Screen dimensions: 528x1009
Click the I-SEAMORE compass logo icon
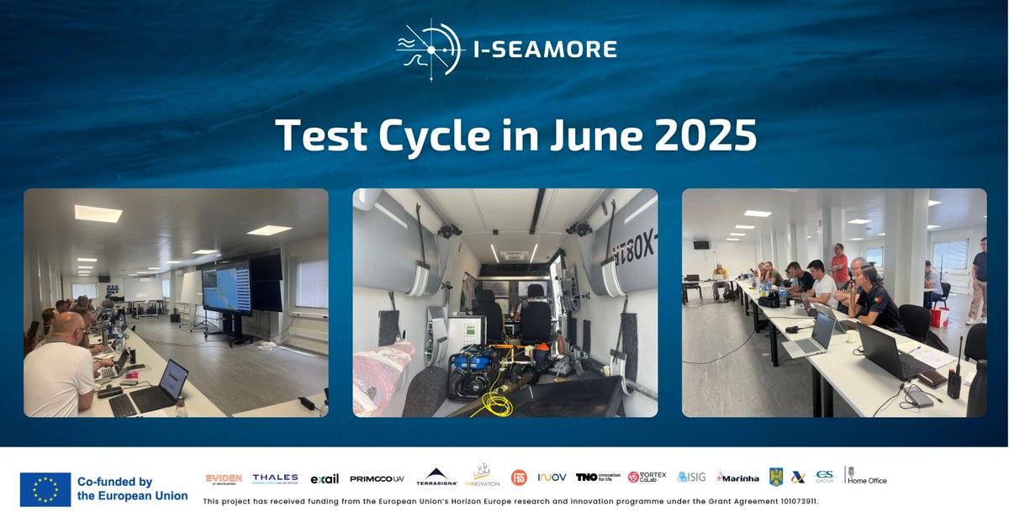point(430,50)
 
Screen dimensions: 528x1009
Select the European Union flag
point(45,489)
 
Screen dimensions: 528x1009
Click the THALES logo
point(275,478)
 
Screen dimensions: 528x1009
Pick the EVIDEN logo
point(224,478)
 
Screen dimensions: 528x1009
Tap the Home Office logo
point(866,477)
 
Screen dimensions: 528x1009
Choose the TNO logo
point(597,477)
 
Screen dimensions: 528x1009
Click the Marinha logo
point(737,478)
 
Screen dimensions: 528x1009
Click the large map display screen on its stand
point(227,288)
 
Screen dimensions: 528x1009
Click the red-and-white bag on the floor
point(939,316)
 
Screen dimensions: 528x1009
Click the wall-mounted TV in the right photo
point(700,245)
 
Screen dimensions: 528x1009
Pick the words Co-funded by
point(114,482)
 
